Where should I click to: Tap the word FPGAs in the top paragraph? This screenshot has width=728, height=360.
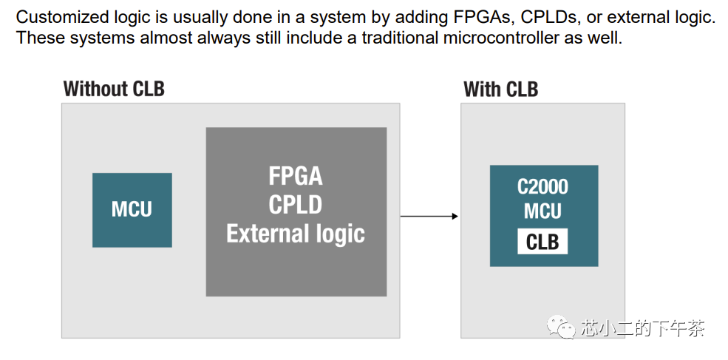480,18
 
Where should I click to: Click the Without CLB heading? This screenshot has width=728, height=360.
114,89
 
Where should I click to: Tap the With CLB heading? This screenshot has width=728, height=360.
500,89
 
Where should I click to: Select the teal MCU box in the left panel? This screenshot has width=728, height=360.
132,210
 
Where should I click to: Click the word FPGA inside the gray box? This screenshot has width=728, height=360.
296,177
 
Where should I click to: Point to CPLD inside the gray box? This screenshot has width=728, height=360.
296,204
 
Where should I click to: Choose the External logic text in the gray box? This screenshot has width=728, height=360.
296,233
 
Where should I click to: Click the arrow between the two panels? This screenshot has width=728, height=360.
429,216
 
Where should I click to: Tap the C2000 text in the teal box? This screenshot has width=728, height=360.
542,187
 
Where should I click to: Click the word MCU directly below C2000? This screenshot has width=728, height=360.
542,211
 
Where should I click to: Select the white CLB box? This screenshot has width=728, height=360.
542,242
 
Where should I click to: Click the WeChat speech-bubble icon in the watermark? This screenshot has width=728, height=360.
561,327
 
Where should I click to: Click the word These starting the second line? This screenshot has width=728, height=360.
40,37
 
